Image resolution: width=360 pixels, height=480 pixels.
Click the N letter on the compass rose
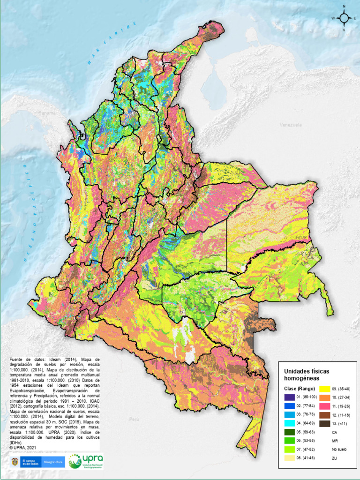tap(344, 7)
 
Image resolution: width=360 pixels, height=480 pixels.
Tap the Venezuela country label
tap(289, 125)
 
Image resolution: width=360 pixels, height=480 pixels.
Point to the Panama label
tap(46, 113)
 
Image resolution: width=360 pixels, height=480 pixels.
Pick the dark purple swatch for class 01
tap(289, 397)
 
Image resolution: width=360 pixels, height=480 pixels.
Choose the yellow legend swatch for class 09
tap(325, 389)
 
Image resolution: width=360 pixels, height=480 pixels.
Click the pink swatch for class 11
tap(325, 406)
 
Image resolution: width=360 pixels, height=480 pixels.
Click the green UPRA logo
tap(86, 461)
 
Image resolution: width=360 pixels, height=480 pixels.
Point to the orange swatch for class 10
tap(325, 397)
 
